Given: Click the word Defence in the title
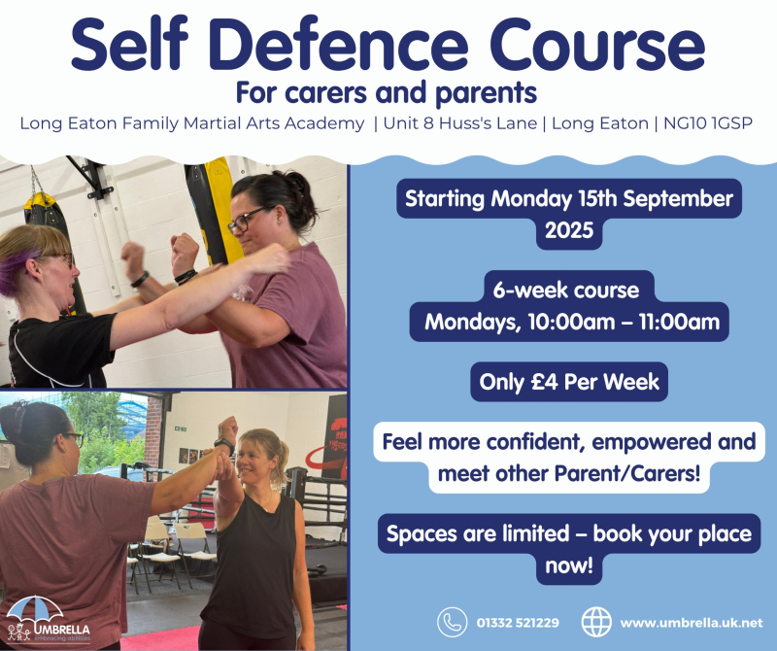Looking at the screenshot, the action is tap(338, 44).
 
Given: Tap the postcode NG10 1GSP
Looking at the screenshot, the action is tap(708, 123).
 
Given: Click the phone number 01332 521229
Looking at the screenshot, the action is tap(518, 623).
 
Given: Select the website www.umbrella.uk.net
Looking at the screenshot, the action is tap(692, 623).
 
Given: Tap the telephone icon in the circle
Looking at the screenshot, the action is tap(452, 622).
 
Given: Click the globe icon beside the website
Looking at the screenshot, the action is tap(596, 622).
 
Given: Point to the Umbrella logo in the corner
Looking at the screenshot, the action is tap(48, 620).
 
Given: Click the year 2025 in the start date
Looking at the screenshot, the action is tap(569, 230).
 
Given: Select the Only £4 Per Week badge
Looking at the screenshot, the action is tap(569, 382).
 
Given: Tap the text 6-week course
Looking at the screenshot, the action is tap(566, 291).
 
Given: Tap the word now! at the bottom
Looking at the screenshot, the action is tap(569, 565).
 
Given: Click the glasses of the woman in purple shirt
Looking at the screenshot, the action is tap(247, 221).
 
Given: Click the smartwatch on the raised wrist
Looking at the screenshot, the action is tap(225, 445).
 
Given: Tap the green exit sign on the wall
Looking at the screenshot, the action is tap(181, 428).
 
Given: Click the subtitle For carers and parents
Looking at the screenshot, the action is tap(386, 92).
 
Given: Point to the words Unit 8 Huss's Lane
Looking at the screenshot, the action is tap(459, 123).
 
